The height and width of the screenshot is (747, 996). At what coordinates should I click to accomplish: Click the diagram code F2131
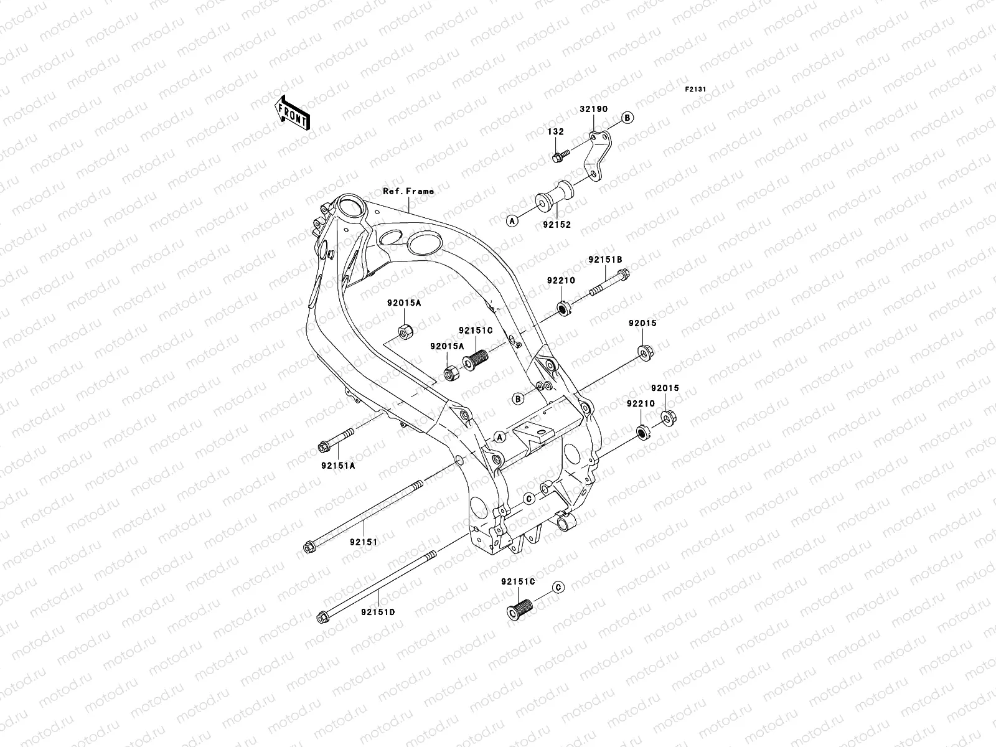(x=695, y=90)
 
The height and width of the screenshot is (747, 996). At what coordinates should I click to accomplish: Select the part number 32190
(x=593, y=108)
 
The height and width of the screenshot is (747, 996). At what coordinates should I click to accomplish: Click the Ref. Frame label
(x=408, y=191)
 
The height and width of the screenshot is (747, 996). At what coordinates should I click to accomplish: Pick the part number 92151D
(x=377, y=612)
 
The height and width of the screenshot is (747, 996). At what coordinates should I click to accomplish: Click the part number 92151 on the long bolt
(x=364, y=542)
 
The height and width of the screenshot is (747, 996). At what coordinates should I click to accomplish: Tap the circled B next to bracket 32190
(x=627, y=118)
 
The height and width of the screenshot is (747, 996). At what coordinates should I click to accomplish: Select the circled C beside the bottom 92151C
(x=558, y=587)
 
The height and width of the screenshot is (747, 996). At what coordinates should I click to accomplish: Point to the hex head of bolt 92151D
(x=324, y=618)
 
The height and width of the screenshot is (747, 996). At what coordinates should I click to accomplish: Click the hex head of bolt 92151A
(x=324, y=446)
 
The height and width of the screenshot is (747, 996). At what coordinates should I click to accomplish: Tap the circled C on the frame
(x=528, y=499)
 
